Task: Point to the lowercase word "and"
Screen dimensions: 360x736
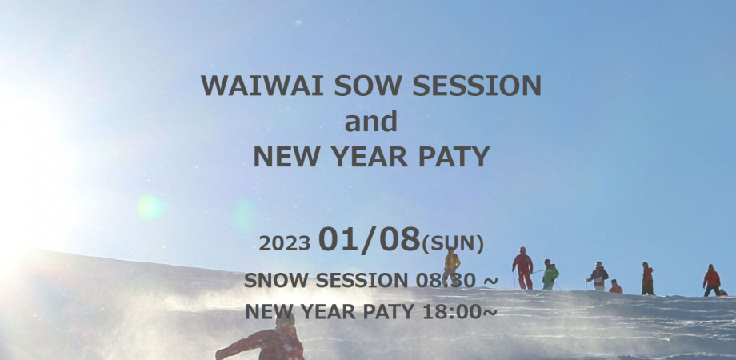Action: point(370,122)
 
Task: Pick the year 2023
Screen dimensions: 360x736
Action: point(284,243)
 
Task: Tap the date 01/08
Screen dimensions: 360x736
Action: point(369,240)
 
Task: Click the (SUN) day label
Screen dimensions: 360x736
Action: point(453,242)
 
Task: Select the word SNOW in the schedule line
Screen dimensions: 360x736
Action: point(275,280)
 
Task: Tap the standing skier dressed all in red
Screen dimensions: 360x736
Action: point(523,268)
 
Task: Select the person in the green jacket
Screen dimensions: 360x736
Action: point(550,274)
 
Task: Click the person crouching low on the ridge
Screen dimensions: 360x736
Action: point(615,287)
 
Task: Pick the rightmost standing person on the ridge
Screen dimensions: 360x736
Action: point(711,280)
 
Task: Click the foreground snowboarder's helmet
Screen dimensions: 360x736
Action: point(285,318)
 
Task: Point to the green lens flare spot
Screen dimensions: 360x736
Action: point(150,207)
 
